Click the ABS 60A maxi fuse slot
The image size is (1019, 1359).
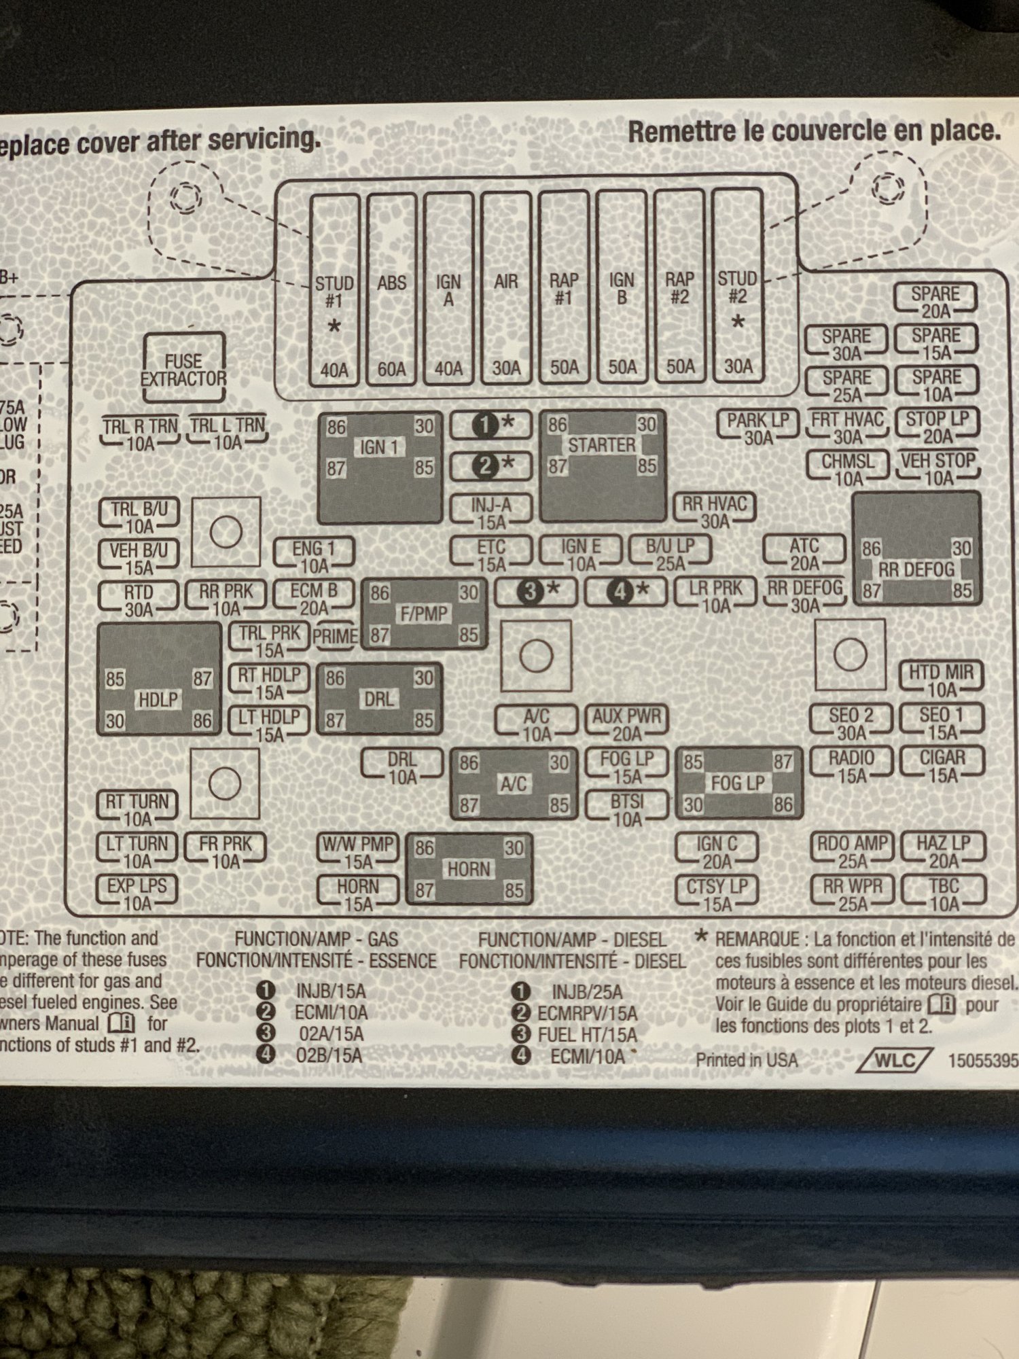pyautogui.click(x=391, y=289)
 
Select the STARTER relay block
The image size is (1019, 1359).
pyautogui.click(x=602, y=465)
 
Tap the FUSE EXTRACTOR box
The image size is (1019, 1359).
pyautogui.click(x=183, y=368)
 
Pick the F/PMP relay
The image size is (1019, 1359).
pyautogui.click(x=424, y=614)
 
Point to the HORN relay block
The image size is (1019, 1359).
pyautogui.click(x=469, y=869)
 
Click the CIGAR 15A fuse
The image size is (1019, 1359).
pyautogui.click(x=942, y=765)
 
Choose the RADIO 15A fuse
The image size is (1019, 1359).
pyautogui.click(x=851, y=765)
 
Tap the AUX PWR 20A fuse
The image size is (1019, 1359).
pyautogui.click(x=626, y=724)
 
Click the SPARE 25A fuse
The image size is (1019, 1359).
pyautogui.click(x=846, y=385)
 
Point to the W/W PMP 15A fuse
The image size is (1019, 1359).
pyautogui.click(x=358, y=852)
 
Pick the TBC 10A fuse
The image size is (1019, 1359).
pyautogui.click(x=944, y=894)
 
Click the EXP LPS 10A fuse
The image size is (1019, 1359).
pyautogui.click(x=137, y=894)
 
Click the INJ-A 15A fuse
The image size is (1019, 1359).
pyautogui.click(x=491, y=513)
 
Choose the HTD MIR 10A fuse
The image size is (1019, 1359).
pyautogui.click(x=942, y=680)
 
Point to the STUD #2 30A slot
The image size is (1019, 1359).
pyautogui.click(x=738, y=289)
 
